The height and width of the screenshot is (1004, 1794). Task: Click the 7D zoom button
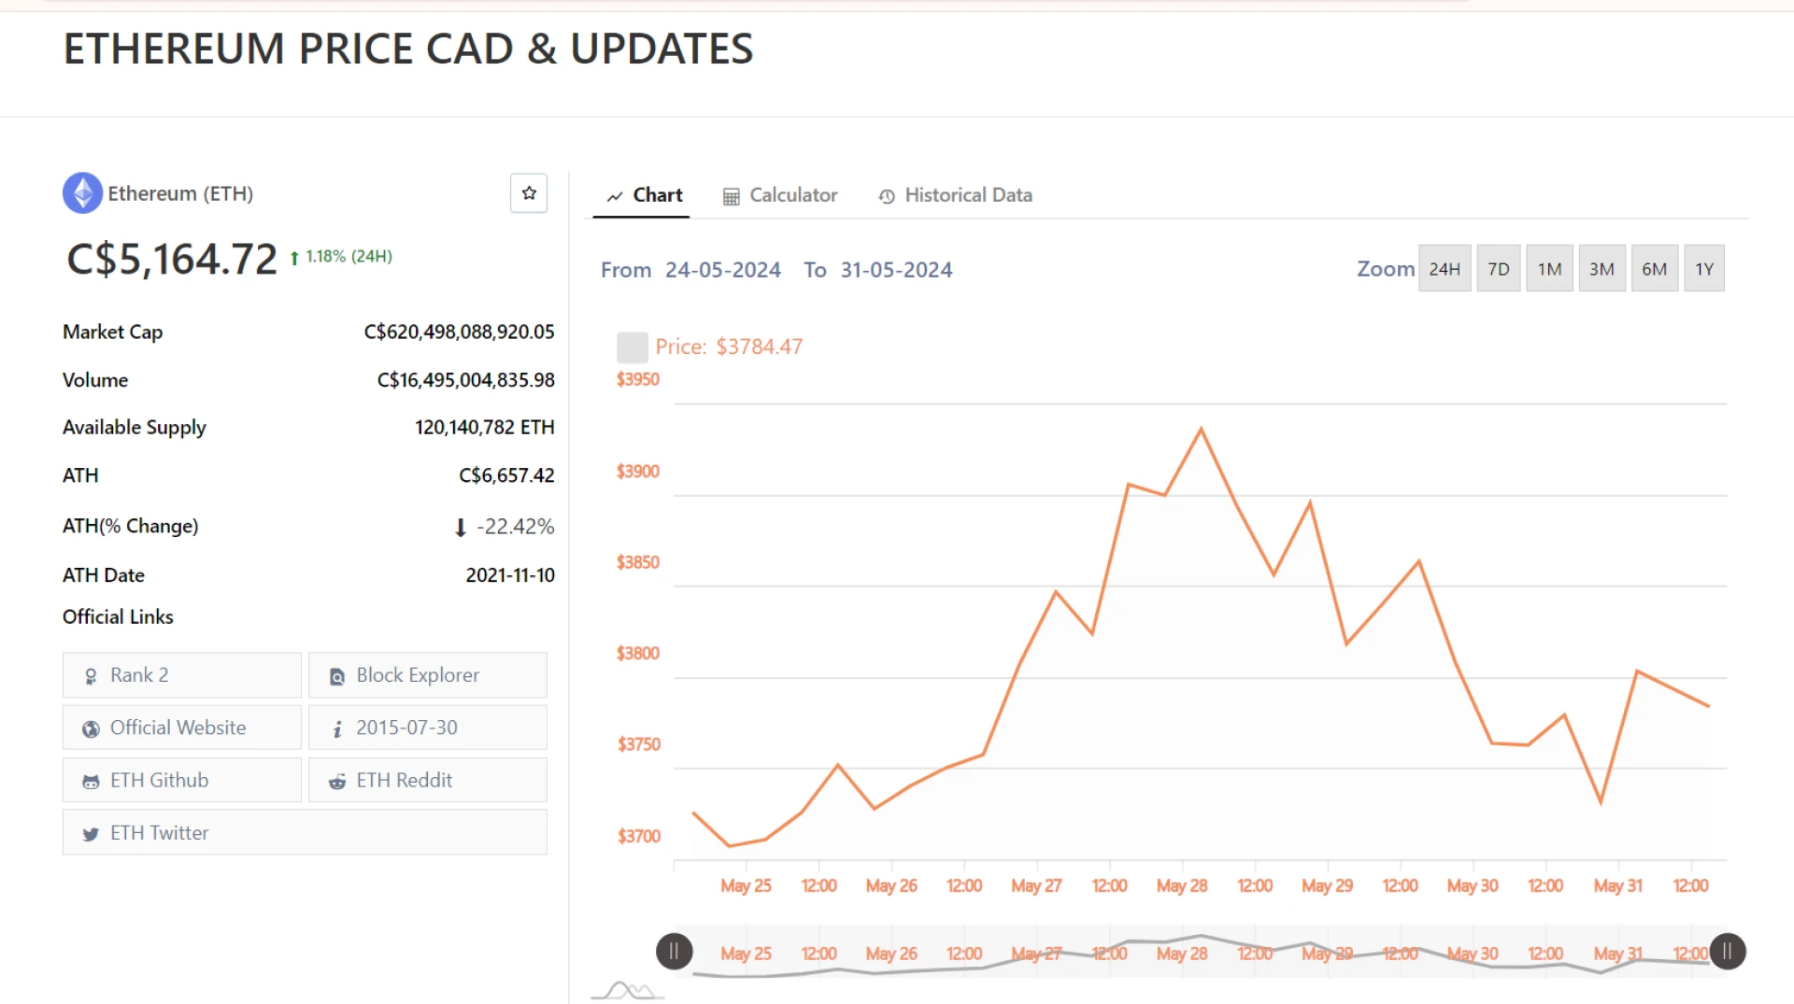(1498, 269)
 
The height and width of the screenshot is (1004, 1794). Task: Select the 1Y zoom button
(1704, 269)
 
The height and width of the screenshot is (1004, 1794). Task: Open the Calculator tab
(780, 195)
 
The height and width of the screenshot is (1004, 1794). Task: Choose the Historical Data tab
(955, 195)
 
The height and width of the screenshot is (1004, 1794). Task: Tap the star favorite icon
(529, 193)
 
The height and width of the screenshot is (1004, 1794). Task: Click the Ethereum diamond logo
(83, 193)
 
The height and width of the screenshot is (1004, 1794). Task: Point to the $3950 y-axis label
(638, 379)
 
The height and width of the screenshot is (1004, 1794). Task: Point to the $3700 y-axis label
(639, 836)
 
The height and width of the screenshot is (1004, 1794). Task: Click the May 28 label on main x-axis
(1182, 885)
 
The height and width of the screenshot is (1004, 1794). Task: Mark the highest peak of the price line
(1201, 429)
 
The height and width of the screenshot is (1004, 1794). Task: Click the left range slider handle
(675, 952)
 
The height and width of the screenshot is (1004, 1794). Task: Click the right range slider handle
(1728, 952)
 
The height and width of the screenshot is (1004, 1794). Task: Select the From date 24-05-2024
(722, 270)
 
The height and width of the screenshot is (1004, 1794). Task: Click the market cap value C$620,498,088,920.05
(459, 332)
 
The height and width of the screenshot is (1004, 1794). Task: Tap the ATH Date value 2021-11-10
(510, 575)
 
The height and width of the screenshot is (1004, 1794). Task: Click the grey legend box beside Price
(633, 347)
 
